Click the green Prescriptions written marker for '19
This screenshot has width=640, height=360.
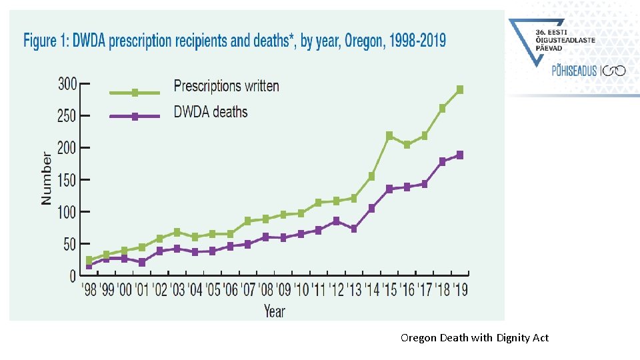[x=460, y=89]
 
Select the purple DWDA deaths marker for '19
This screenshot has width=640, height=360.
[x=460, y=155]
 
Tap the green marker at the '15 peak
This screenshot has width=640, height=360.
[x=389, y=135]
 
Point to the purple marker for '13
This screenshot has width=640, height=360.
[x=354, y=229]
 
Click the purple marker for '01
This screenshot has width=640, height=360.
[x=142, y=263]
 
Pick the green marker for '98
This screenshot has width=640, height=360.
[x=89, y=260]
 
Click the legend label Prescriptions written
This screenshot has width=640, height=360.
[x=226, y=86]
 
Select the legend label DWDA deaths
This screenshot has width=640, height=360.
[x=210, y=112]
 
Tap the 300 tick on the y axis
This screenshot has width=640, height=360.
[x=67, y=84]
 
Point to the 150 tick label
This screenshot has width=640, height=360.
[x=67, y=180]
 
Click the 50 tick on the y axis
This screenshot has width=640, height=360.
[x=69, y=245]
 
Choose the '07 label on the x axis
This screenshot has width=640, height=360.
[x=248, y=290]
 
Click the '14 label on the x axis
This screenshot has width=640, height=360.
[x=371, y=290]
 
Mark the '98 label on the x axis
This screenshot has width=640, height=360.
[x=89, y=290]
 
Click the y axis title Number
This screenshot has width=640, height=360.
[x=46, y=179]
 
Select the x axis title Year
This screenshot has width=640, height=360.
[x=274, y=311]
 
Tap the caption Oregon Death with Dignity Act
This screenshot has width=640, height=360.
[x=474, y=338]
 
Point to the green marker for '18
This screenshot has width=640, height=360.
[x=442, y=108]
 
